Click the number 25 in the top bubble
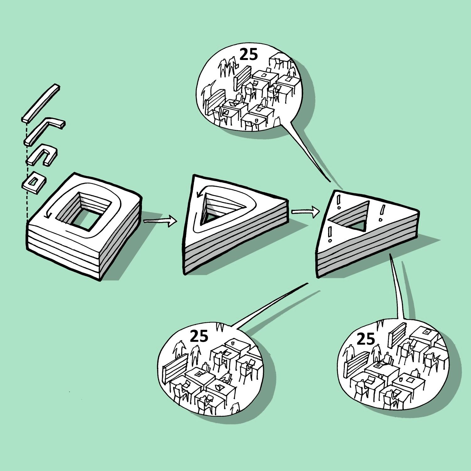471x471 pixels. pos(249,55)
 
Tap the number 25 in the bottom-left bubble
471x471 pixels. pos(199,336)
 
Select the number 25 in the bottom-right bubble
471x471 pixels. pos(366,339)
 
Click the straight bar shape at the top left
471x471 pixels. pos(41,103)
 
